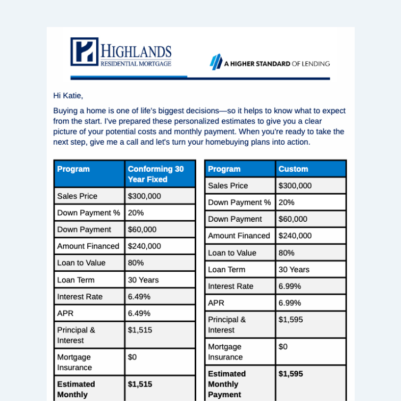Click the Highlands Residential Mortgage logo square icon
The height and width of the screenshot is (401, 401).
(x=84, y=52)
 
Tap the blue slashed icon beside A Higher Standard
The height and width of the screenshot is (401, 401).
(x=215, y=63)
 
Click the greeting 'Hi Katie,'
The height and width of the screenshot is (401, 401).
(x=68, y=96)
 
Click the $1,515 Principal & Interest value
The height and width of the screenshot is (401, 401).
(x=140, y=330)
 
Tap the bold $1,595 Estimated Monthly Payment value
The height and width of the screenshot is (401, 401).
(x=291, y=374)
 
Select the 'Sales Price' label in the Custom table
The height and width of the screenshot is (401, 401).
(x=228, y=186)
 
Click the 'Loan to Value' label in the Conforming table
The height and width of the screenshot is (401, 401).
(x=81, y=263)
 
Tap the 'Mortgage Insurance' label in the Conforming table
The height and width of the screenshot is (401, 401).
(x=74, y=362)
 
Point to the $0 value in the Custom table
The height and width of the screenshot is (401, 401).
(x=283, y=347)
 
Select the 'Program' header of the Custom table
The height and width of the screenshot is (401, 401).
(x=224, y=169)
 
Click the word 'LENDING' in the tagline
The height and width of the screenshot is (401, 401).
(x=316, y=64)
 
